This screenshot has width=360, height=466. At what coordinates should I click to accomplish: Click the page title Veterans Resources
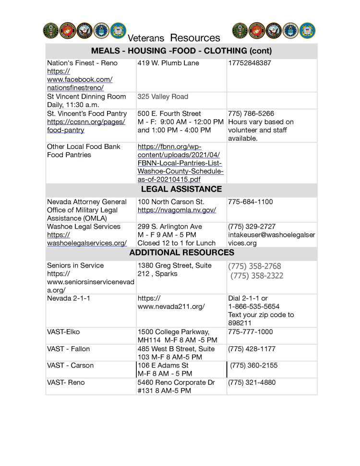tap(174, 37)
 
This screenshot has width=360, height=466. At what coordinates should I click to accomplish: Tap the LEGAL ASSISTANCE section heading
tap(181, 189)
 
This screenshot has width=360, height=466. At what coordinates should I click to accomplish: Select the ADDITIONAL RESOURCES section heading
tap(181, 253)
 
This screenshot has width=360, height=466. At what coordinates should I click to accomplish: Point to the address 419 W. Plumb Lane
tap(168, 63)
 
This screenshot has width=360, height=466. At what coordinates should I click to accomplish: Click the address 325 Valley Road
tap(163, 97)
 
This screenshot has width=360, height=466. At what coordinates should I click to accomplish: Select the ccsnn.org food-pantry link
tap(86, 126)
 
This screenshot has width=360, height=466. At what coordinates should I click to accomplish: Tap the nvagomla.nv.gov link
tap(177, 210)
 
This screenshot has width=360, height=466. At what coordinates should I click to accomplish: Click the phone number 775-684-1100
tap(250, 202)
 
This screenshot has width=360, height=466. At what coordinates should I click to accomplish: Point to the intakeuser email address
tap(271, 239)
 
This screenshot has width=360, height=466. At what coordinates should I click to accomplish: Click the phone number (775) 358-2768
tap(255, 266)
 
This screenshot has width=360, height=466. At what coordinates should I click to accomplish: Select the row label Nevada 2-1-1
tap(69, 299)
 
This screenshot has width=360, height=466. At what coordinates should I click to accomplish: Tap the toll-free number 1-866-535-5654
tap(253, 307)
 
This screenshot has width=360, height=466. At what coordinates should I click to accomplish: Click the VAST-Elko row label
tap(63, 332)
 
